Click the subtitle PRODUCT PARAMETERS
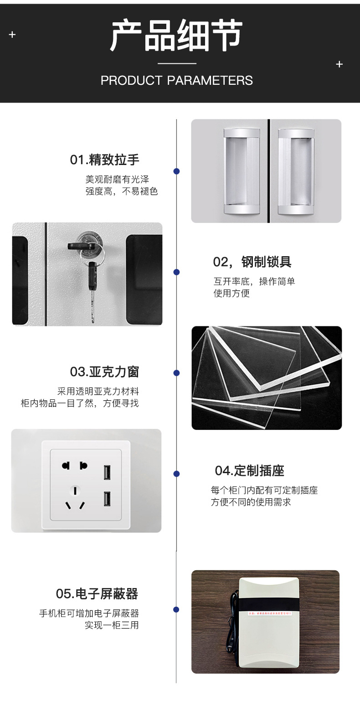[x=176, y=81]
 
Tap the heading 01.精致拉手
[x=104, y=160]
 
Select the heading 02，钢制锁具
[x=252, y=262]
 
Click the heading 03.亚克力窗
[x=104, y=372]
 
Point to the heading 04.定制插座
[x=249, y=470]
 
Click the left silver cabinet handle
[x=241, y=171]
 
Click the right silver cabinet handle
[x=296, y=171]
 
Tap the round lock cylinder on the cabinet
[x=87, y=240]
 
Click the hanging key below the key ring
[x=93, y=287]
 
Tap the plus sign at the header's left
[x=12, y=35]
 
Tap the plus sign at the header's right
[x=339, y=64]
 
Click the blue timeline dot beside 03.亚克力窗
[x=177, y=373]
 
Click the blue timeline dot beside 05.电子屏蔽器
[x=176, y=609]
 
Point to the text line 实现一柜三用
[x=112, y=625]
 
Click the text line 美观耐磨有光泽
[x=117, y=180]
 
